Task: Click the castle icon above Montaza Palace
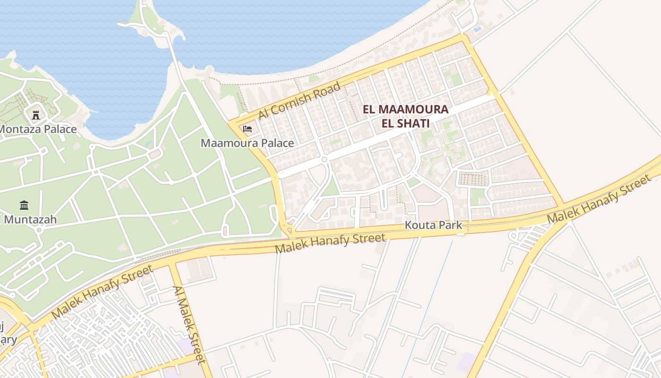(x=35, y=114)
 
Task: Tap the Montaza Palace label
(x=38, y=129)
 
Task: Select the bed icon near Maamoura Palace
(x=247, y=129)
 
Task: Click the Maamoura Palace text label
(x=247, y=143)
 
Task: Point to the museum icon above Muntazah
(x=24, y=205)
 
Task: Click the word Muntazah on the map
(x=31, y=220)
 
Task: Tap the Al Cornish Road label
(x=299, y=101)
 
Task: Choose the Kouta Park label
(x=433, y=225)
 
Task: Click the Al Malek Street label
(x=189, y=325)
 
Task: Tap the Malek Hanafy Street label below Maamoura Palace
(x=330, y=243)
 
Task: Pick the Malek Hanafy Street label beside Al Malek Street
(x=102, y=292)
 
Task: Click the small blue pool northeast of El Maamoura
(x=477, y=29)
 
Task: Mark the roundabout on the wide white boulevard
(x=324, y=160)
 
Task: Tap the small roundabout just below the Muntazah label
(x=39, y=231)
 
